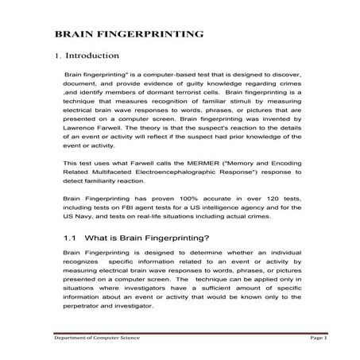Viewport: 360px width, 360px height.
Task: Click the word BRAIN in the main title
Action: click(x=72, y=35)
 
